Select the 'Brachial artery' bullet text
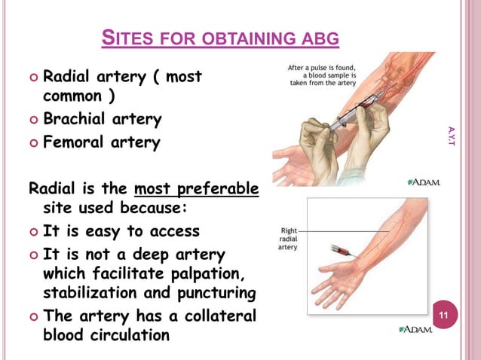[102, 119]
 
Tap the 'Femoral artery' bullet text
[101, 142]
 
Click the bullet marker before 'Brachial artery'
[30, 120]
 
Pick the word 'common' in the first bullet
[73, 97]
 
